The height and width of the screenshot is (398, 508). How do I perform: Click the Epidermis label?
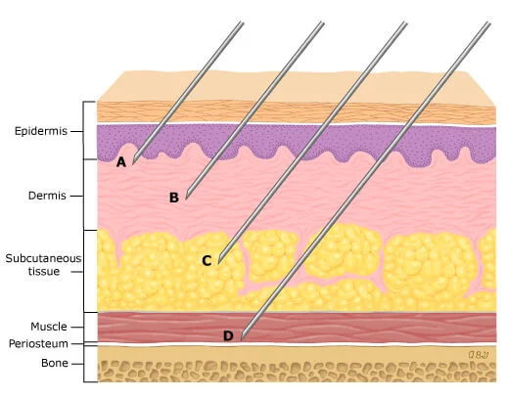click(x=41, y=131)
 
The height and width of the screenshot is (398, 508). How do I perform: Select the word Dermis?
click(x=47, y=196)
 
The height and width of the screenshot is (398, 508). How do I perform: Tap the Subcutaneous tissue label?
click(x=43, y=265)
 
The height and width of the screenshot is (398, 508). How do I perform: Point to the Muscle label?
click(x=49, y=327)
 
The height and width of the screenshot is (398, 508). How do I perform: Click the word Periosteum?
click(x=38, y=343)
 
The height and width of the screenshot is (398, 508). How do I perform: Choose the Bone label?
click(x=55, y=363)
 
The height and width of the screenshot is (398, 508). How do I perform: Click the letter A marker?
click(x=121, y=161)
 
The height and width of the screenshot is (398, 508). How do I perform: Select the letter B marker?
click(x=174, y=198)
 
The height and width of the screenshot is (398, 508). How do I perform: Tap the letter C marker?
click(x=207, y=261)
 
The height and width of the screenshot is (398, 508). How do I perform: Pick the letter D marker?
click(x=228, y=335)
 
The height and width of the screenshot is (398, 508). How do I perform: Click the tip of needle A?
click(x=133, y=163)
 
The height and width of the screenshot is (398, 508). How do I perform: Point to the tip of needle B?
click(x=186, y=199)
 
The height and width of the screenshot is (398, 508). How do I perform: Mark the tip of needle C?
click(x=218, y=263)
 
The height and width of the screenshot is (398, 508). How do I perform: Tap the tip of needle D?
click(x=242, y=339)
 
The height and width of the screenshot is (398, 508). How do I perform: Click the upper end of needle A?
click(x=242, y=22)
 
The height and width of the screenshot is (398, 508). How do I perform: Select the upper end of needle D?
click(x=488, y=22)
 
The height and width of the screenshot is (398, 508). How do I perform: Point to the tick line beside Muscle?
click(x=77, y=327)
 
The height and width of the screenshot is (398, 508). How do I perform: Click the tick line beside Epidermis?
click(x=77, y=131)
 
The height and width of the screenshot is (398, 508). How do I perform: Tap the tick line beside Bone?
click(x=77, y=364)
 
